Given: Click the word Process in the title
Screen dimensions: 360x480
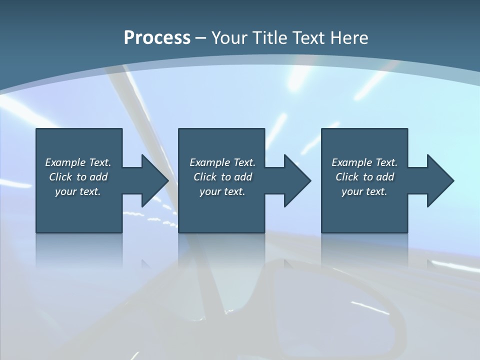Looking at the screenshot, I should point(157,38).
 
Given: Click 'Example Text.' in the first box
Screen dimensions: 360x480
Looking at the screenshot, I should point(78,162).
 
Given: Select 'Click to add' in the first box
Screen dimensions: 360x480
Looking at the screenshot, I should point(78,177).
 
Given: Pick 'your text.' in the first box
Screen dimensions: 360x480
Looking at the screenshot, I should point(78,191).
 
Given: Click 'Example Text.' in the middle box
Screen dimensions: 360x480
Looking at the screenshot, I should point(222,162).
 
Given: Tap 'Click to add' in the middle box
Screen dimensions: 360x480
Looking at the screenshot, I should point(222,177).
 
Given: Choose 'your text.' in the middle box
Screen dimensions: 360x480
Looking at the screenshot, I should point(222,191).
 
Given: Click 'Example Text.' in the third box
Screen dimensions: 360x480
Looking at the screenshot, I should point(364,162).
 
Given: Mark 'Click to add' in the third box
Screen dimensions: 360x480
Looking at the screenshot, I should point(364,177).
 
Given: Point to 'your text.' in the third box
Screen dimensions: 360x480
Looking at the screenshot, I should point(364,191).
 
